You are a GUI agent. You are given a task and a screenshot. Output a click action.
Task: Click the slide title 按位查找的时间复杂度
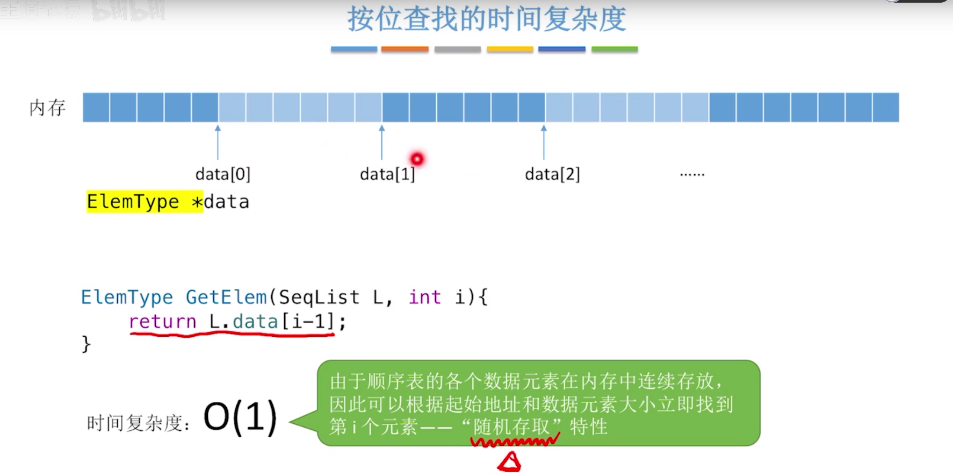486,19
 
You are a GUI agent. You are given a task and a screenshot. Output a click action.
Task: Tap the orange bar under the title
405,49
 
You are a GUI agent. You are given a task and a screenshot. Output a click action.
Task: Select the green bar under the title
614,49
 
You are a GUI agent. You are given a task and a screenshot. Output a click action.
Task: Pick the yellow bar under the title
510,49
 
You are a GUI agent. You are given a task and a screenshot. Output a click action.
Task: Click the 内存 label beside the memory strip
47,108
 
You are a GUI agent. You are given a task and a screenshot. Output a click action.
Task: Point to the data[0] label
222,174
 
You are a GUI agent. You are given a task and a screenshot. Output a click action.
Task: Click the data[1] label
387,174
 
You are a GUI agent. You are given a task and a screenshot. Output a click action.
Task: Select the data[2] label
552,174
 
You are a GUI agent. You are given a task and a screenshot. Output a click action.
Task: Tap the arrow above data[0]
218,143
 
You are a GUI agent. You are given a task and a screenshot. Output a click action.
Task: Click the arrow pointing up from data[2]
544,143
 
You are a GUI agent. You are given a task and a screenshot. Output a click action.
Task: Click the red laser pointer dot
417,159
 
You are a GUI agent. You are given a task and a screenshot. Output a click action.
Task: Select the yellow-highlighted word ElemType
133,202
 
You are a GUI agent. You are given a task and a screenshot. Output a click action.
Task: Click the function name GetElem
226,297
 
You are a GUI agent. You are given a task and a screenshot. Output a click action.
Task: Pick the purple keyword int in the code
424,297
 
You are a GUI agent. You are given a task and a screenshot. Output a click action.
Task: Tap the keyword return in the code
162,322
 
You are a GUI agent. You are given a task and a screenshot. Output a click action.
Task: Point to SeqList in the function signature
319,297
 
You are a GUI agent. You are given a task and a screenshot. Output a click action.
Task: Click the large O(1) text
240,417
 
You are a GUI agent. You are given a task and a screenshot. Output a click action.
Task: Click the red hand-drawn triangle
509,462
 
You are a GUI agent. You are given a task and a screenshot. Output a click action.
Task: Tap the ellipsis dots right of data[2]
692,174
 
